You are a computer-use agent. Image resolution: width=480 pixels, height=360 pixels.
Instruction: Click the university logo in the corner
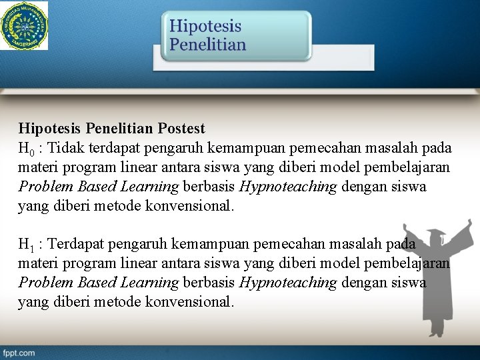(25, 25)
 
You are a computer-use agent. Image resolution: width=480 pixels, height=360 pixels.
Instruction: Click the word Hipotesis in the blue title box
(205, 27)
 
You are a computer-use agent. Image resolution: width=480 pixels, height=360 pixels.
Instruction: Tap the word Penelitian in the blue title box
(207, 45)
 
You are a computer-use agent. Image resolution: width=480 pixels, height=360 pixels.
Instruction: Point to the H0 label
(27, 147)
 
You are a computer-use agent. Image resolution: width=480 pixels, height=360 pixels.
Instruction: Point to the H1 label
(27, 244)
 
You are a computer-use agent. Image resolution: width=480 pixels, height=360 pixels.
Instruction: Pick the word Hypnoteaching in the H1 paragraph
(288, 283)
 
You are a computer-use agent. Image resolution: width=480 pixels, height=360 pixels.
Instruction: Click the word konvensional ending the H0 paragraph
(193, 207)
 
